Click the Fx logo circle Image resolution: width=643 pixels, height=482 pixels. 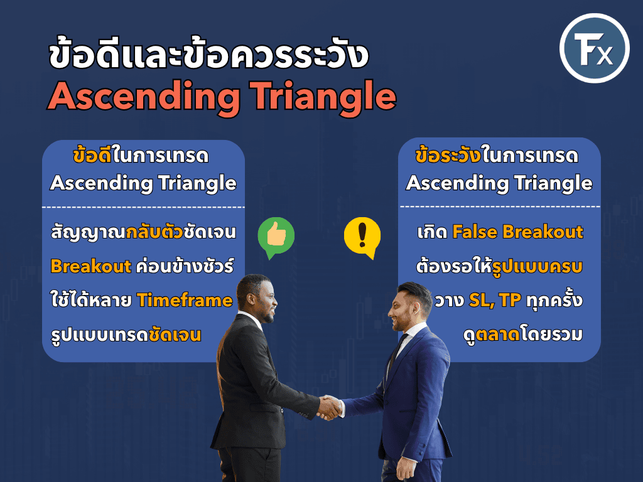coord(594,48)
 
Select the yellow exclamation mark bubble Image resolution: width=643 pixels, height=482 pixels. coord(362,237)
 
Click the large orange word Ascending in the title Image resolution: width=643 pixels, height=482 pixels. coord(144,97)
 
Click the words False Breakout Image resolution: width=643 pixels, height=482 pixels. coord(517,232)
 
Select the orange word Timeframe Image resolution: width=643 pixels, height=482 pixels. coord(185,300)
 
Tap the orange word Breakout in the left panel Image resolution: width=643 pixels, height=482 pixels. coord(90,266)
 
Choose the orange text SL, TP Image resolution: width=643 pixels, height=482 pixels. coord(495,301)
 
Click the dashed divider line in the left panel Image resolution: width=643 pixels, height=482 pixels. coord(143,207)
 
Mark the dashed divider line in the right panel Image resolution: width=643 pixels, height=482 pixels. coord(499,206)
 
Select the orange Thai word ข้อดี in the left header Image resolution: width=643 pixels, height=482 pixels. coord(92,156)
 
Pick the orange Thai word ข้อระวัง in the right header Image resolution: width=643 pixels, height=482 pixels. coord(448,156)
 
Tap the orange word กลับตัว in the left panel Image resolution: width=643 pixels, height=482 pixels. coord(154,232)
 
